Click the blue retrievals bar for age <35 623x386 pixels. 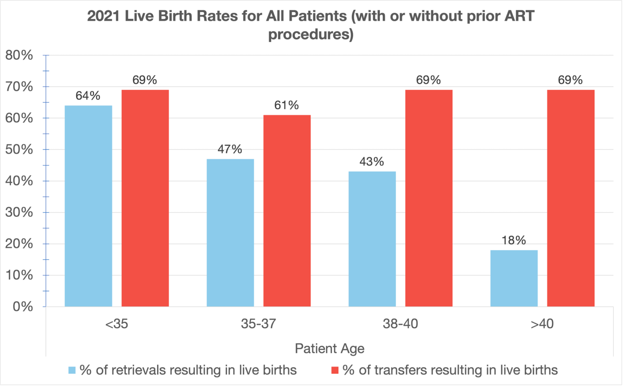(88, 206)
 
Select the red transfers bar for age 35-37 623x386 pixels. (287, 211)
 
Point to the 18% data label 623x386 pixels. (513, 240)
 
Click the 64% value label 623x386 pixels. (88, 96)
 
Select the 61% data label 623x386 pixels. (286, 106)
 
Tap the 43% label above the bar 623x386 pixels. (372, 162)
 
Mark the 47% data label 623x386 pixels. (230, 149)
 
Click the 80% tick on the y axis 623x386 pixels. (19, 55)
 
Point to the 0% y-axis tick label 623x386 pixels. (23, 306)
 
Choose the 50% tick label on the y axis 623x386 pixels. (19, 149)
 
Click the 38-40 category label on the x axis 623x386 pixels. (400, 323)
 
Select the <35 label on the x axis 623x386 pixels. (116, 323)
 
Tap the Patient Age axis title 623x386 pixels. (329, 349)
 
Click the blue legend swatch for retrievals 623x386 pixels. (72, 370)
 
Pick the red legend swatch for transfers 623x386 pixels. (335, 370)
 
